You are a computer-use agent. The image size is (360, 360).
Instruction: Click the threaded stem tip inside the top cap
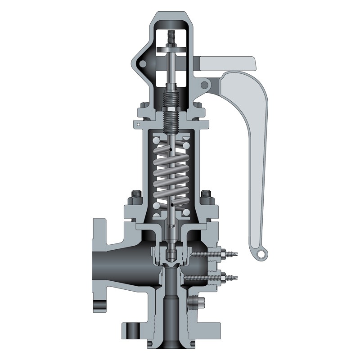pos(173,34)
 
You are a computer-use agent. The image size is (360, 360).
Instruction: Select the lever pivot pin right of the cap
pos(205,85)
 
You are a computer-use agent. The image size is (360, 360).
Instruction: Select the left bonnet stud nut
pos(136,197)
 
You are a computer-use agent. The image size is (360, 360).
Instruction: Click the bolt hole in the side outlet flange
pos(100,306)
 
